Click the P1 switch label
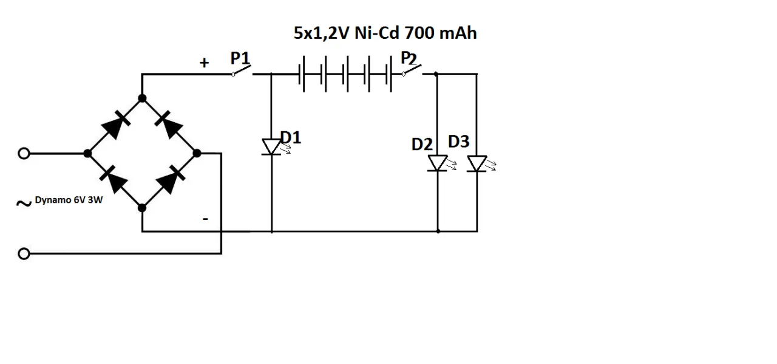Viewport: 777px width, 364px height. coord(240,59)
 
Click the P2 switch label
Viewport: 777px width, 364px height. coord(409,59)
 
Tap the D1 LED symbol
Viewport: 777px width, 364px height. coord(271,146)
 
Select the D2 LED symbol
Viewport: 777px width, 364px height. coord(438,163)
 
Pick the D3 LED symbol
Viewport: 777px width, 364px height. coord(477,163)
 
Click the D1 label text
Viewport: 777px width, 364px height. coord(291,138)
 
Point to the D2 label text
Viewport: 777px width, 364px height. coord(422,145)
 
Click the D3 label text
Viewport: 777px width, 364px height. coord(459,142)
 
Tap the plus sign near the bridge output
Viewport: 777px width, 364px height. coord(205,63)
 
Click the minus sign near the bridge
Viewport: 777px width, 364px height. coord(205,219)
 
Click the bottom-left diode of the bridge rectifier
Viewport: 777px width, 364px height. coord(115,180)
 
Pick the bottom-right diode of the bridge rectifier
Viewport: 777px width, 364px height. coord(169,180)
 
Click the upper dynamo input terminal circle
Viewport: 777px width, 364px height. coord(24,154)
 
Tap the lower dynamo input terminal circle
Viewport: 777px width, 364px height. coord(24,253)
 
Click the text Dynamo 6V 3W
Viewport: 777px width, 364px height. coord(69,200)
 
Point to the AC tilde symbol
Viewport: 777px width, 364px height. coord(24,203)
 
